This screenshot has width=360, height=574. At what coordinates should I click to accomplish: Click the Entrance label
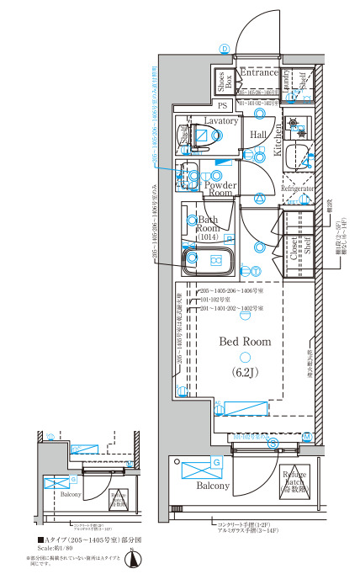click(x=258, y=73)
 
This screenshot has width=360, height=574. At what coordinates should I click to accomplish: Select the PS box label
click(x=223, y=106)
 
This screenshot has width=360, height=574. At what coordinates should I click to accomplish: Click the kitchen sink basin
click(x=296, y=156)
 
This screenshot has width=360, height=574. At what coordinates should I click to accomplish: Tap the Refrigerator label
click(x=297, y=190)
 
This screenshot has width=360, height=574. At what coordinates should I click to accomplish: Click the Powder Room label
click(x=219, y=189)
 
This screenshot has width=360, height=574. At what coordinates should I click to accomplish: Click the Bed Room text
click(x=245, y=342)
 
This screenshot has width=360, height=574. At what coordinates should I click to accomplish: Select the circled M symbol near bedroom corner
click(x=308, y=437)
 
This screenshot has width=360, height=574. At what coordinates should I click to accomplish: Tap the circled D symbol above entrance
click(x=225, y=48)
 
